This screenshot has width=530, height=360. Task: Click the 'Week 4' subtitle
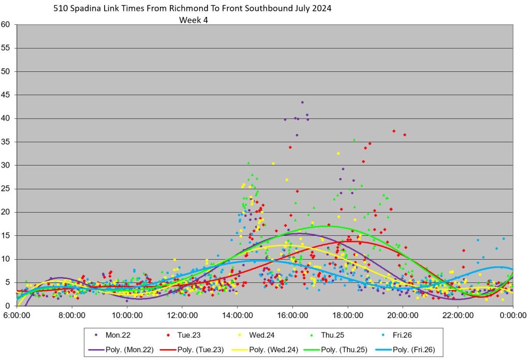(193, 20)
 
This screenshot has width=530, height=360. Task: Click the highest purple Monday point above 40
(302, 102)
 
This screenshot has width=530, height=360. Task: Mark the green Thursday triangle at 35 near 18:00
(354, 140)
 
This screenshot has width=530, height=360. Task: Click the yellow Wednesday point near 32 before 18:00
(338, 154)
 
